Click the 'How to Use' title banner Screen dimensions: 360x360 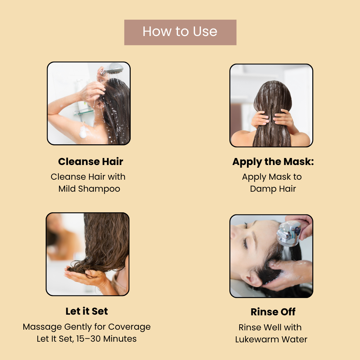(180, 32)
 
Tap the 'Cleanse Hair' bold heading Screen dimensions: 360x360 (91, 161)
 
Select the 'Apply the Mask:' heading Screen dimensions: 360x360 (273, 162)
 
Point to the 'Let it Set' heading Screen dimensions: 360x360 (87, 311)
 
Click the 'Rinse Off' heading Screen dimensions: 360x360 (273, 312)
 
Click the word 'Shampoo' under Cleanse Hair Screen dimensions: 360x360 (99, 189)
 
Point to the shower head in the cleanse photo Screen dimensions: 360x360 (114, 69)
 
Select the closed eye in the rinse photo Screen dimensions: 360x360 (245, 243)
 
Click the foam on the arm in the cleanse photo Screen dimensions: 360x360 (83, 132)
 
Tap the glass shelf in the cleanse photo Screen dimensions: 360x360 (83, 113)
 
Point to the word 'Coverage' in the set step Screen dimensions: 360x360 (129, 327)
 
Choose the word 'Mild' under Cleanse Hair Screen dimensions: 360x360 (67, 189)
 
